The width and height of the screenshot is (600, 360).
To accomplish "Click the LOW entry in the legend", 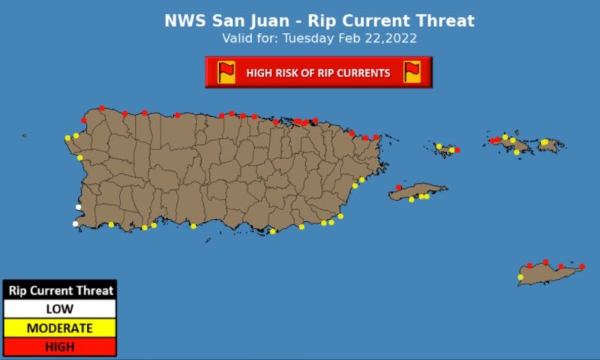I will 59,309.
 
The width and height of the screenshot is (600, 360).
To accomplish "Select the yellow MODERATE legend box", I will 59,328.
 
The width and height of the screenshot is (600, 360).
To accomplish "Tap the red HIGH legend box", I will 59,346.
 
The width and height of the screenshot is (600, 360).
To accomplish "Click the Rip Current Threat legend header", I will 59,290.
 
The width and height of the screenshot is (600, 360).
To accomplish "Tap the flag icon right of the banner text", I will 412,72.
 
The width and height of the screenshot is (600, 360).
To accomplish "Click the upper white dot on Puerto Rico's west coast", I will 78,207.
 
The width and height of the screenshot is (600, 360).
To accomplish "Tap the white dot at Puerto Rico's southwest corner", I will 75,223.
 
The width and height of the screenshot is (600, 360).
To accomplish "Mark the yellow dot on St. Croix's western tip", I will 520,277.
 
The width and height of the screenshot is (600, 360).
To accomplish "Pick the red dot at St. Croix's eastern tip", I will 582,266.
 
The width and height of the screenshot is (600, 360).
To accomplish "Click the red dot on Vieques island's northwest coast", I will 398,187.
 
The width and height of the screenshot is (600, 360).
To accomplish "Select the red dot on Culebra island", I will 457,150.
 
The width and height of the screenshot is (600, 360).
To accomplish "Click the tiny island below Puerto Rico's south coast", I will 208,240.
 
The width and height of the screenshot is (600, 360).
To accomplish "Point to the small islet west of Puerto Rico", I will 25,136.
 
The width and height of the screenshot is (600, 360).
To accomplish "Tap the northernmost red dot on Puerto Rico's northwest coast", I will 101,109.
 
